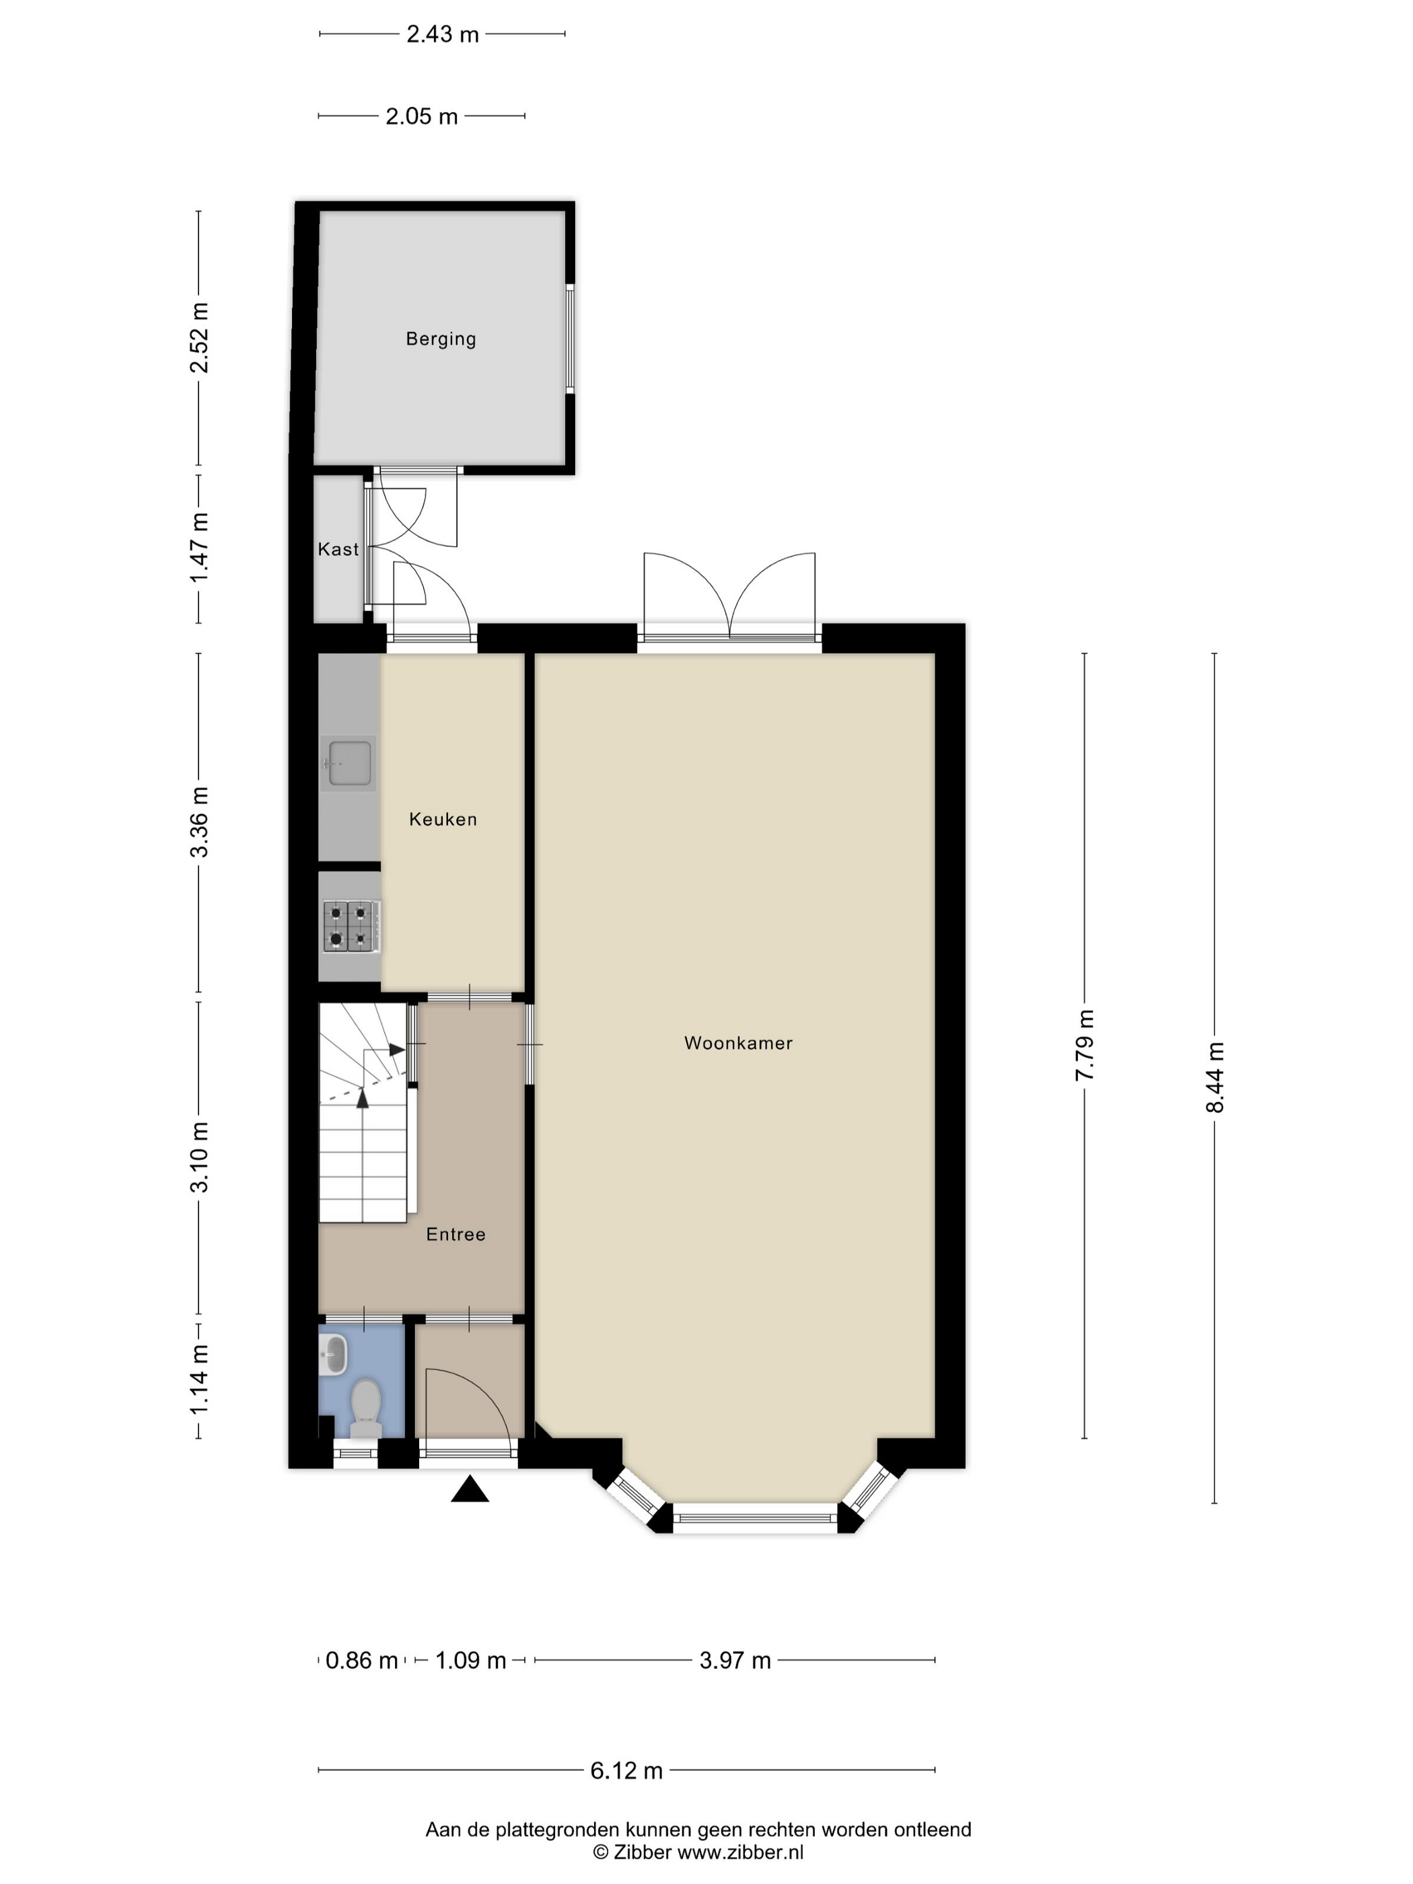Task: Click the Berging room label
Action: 440,339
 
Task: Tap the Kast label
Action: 338,549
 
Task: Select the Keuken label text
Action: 443,820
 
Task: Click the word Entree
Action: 456,1234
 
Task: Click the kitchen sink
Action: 349,763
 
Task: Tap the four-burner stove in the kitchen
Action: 350,926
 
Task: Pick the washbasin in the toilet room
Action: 334,1354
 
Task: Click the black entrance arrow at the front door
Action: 469,1489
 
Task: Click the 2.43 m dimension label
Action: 442,34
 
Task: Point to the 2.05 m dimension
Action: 422,116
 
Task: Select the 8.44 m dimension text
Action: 1215,1077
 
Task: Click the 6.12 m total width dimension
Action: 627,1771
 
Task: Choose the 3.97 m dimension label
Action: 735,1660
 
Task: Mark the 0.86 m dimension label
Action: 362,1660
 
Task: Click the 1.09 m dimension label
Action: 471,1660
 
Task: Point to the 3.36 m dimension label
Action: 199,823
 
